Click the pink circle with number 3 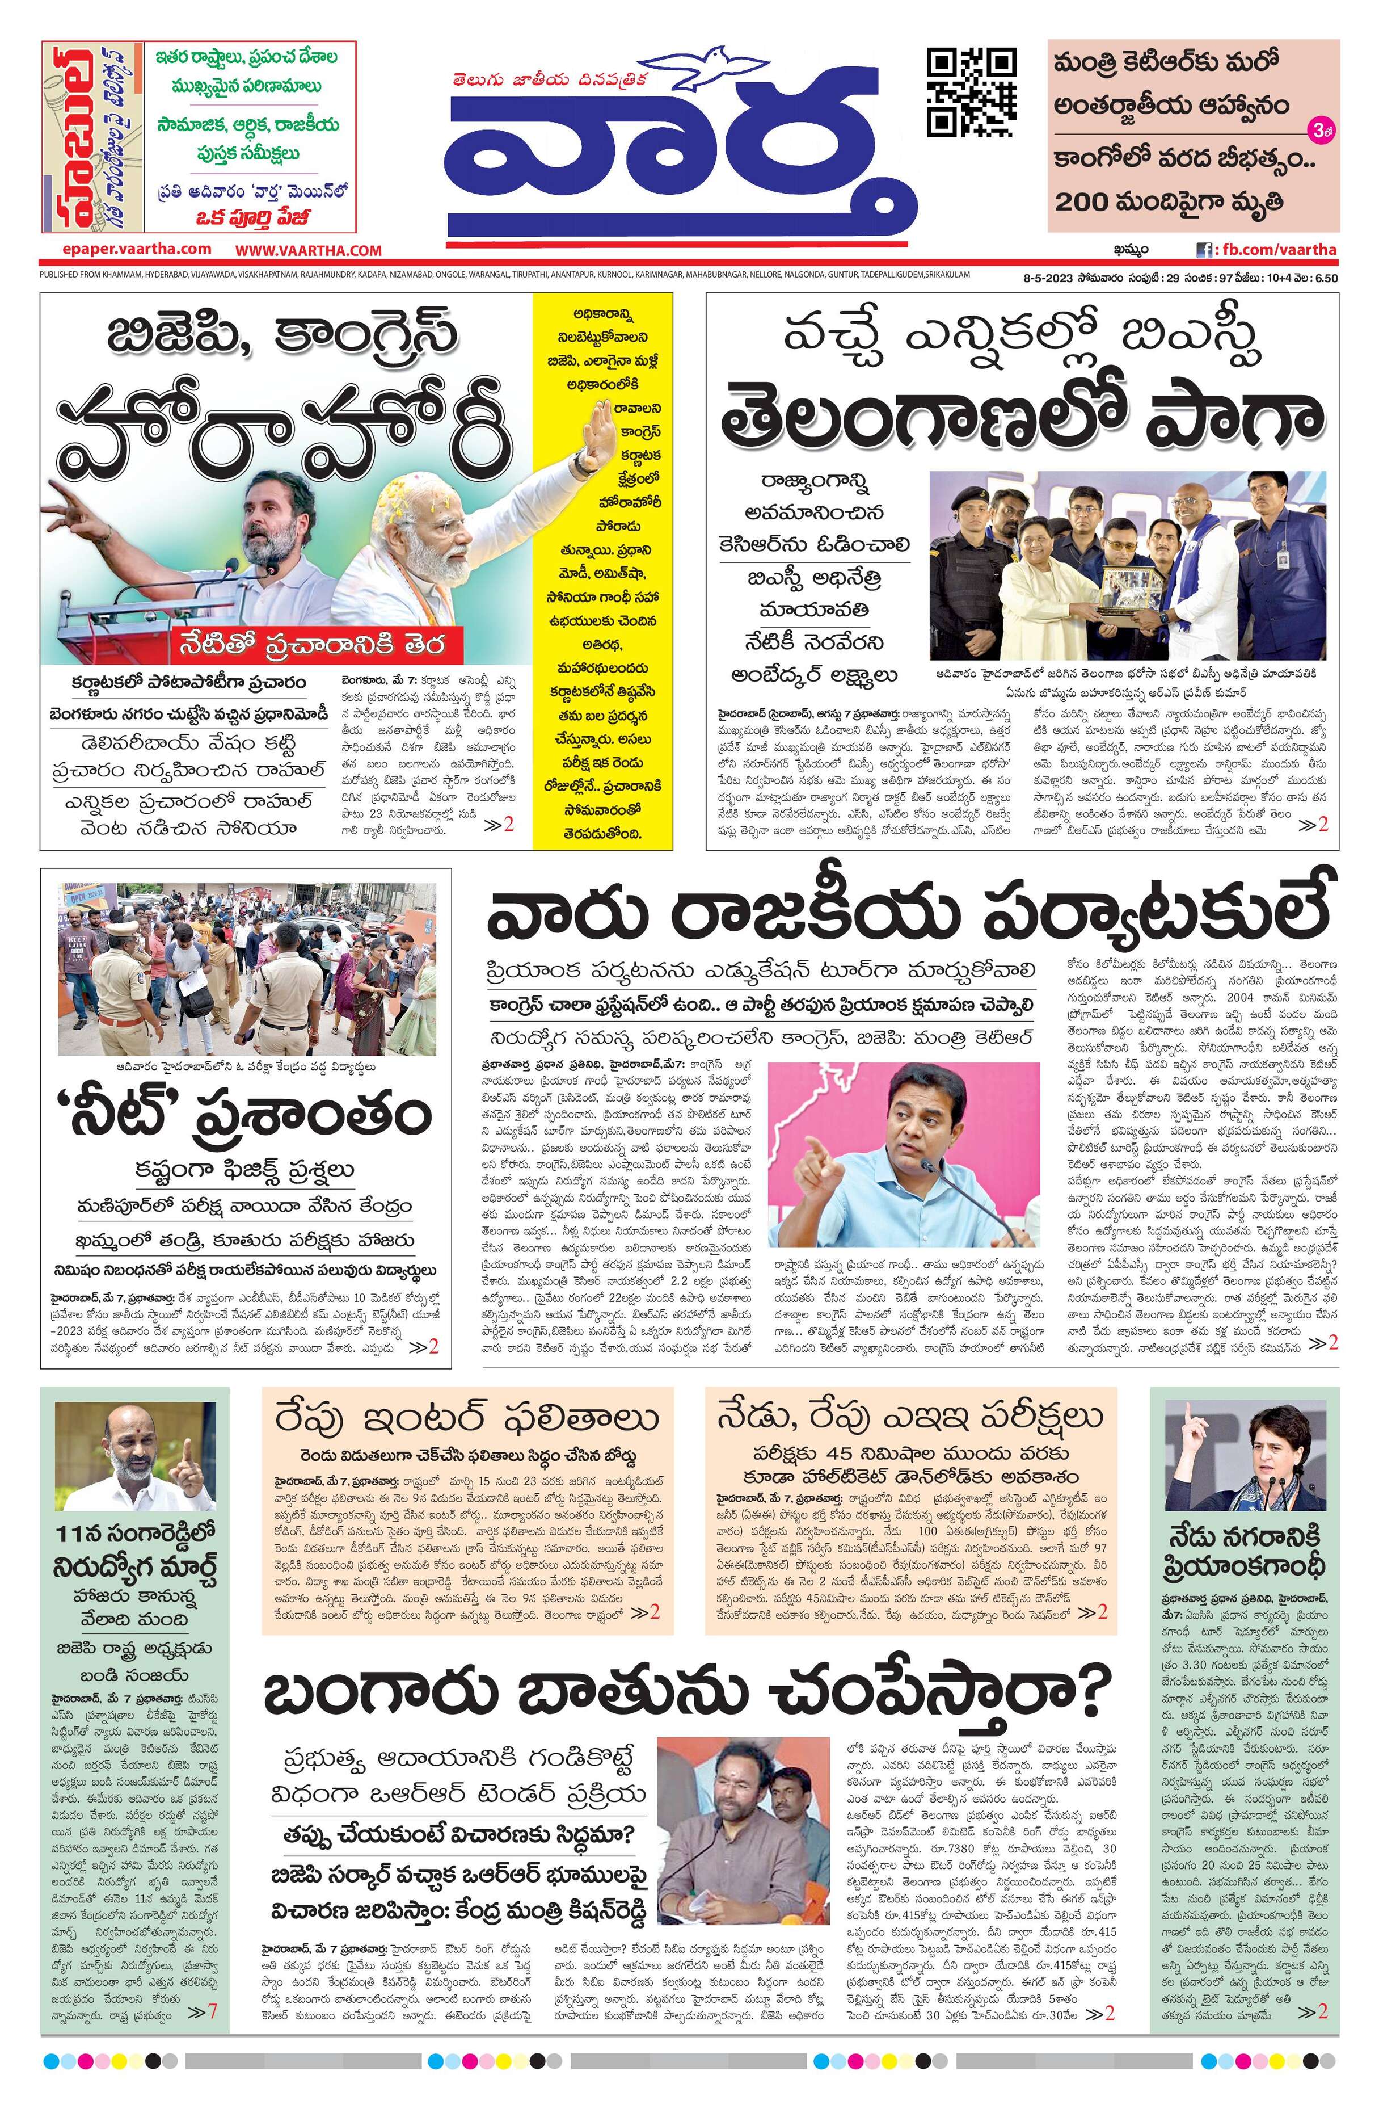(x=1321, y=131)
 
